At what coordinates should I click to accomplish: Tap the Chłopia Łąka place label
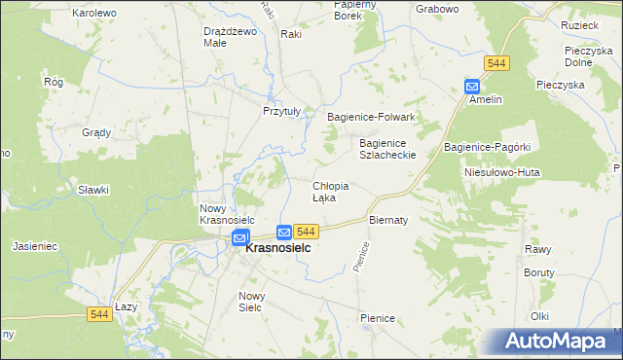click(329, 191)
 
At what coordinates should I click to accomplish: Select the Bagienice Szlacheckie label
click(387, 148)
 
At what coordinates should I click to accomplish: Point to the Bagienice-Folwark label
click(371, 117)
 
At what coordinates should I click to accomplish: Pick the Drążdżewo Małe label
click(229, 37)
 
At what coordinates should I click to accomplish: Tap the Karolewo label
click(94, 13)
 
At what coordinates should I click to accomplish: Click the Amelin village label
click(485, 99)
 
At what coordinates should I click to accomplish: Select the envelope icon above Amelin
click(472, 86)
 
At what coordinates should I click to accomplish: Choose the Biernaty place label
click(387, 220)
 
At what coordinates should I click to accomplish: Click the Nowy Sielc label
click(252, 301)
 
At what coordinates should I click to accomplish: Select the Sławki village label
click(93, 190)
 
